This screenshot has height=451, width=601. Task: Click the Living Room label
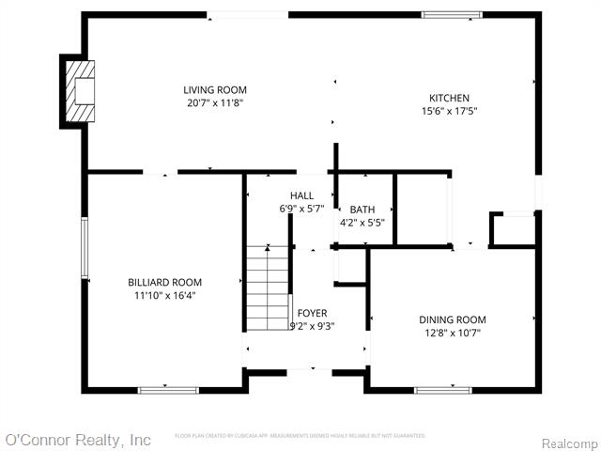(215, 90)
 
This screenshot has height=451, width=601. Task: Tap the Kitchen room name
(449, 98)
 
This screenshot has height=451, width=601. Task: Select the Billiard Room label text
(164, 282)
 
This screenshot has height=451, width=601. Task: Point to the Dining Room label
(452, 319)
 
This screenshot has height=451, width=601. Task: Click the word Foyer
(312, 313)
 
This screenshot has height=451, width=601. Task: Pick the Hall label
(301, 195)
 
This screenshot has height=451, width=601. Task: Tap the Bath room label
(362, 210)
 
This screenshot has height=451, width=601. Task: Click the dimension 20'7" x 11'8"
(215, 104)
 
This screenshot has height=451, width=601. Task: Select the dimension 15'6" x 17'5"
(449, 112)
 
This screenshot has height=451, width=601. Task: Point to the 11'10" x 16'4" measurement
(164, 295)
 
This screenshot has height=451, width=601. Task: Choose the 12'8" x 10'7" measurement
(452, 333)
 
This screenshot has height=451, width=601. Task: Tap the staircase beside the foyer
(267, 287)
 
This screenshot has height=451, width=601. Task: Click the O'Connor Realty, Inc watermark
(78, 440)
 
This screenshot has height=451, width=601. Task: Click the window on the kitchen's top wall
(452, 15)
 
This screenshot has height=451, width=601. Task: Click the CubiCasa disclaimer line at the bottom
(300, 436)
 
